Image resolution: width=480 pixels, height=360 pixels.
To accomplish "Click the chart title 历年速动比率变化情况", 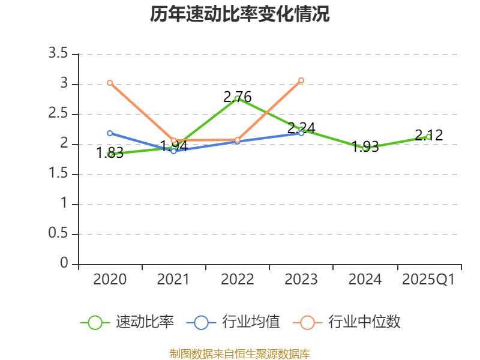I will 240,14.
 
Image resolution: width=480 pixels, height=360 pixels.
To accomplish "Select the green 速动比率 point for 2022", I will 238,98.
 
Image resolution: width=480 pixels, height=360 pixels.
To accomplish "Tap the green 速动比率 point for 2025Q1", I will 428,137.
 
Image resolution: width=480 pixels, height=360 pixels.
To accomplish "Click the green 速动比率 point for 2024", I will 365,148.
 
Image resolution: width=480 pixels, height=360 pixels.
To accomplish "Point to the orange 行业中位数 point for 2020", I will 110,83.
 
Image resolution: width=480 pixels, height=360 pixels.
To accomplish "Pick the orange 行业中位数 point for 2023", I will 301,80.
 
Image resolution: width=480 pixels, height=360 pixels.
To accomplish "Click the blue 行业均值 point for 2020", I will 110,133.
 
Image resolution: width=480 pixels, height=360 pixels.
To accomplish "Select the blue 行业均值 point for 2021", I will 173,151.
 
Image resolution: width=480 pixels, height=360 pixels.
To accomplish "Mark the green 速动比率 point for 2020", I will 110,154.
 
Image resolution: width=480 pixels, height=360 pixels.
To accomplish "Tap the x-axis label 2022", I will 238,280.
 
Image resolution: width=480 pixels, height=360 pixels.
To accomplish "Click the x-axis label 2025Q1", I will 428,280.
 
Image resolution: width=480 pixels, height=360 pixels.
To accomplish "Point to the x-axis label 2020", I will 110,280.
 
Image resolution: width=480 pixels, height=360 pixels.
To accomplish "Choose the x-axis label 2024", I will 365,280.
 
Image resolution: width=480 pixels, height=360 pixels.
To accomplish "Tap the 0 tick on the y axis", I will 64,264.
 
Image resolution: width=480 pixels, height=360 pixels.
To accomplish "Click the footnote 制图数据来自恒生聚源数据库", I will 240,353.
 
